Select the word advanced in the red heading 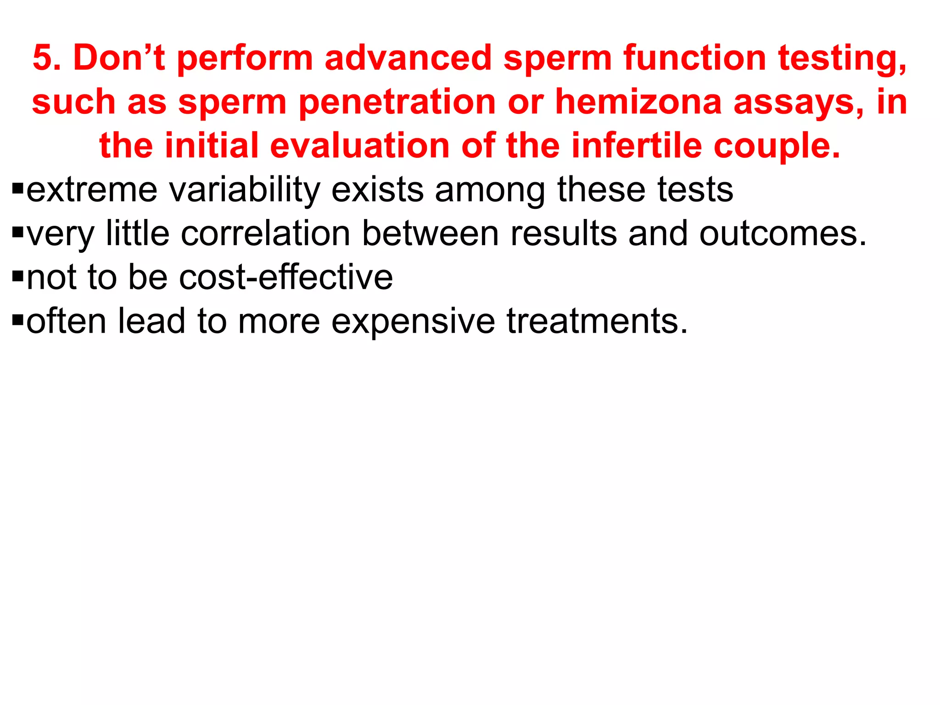(408, 58)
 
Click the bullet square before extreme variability (18, 188)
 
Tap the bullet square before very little (18, 232)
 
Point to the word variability (245, 190)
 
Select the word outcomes (783, 233)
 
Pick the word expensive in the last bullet (413, 321)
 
